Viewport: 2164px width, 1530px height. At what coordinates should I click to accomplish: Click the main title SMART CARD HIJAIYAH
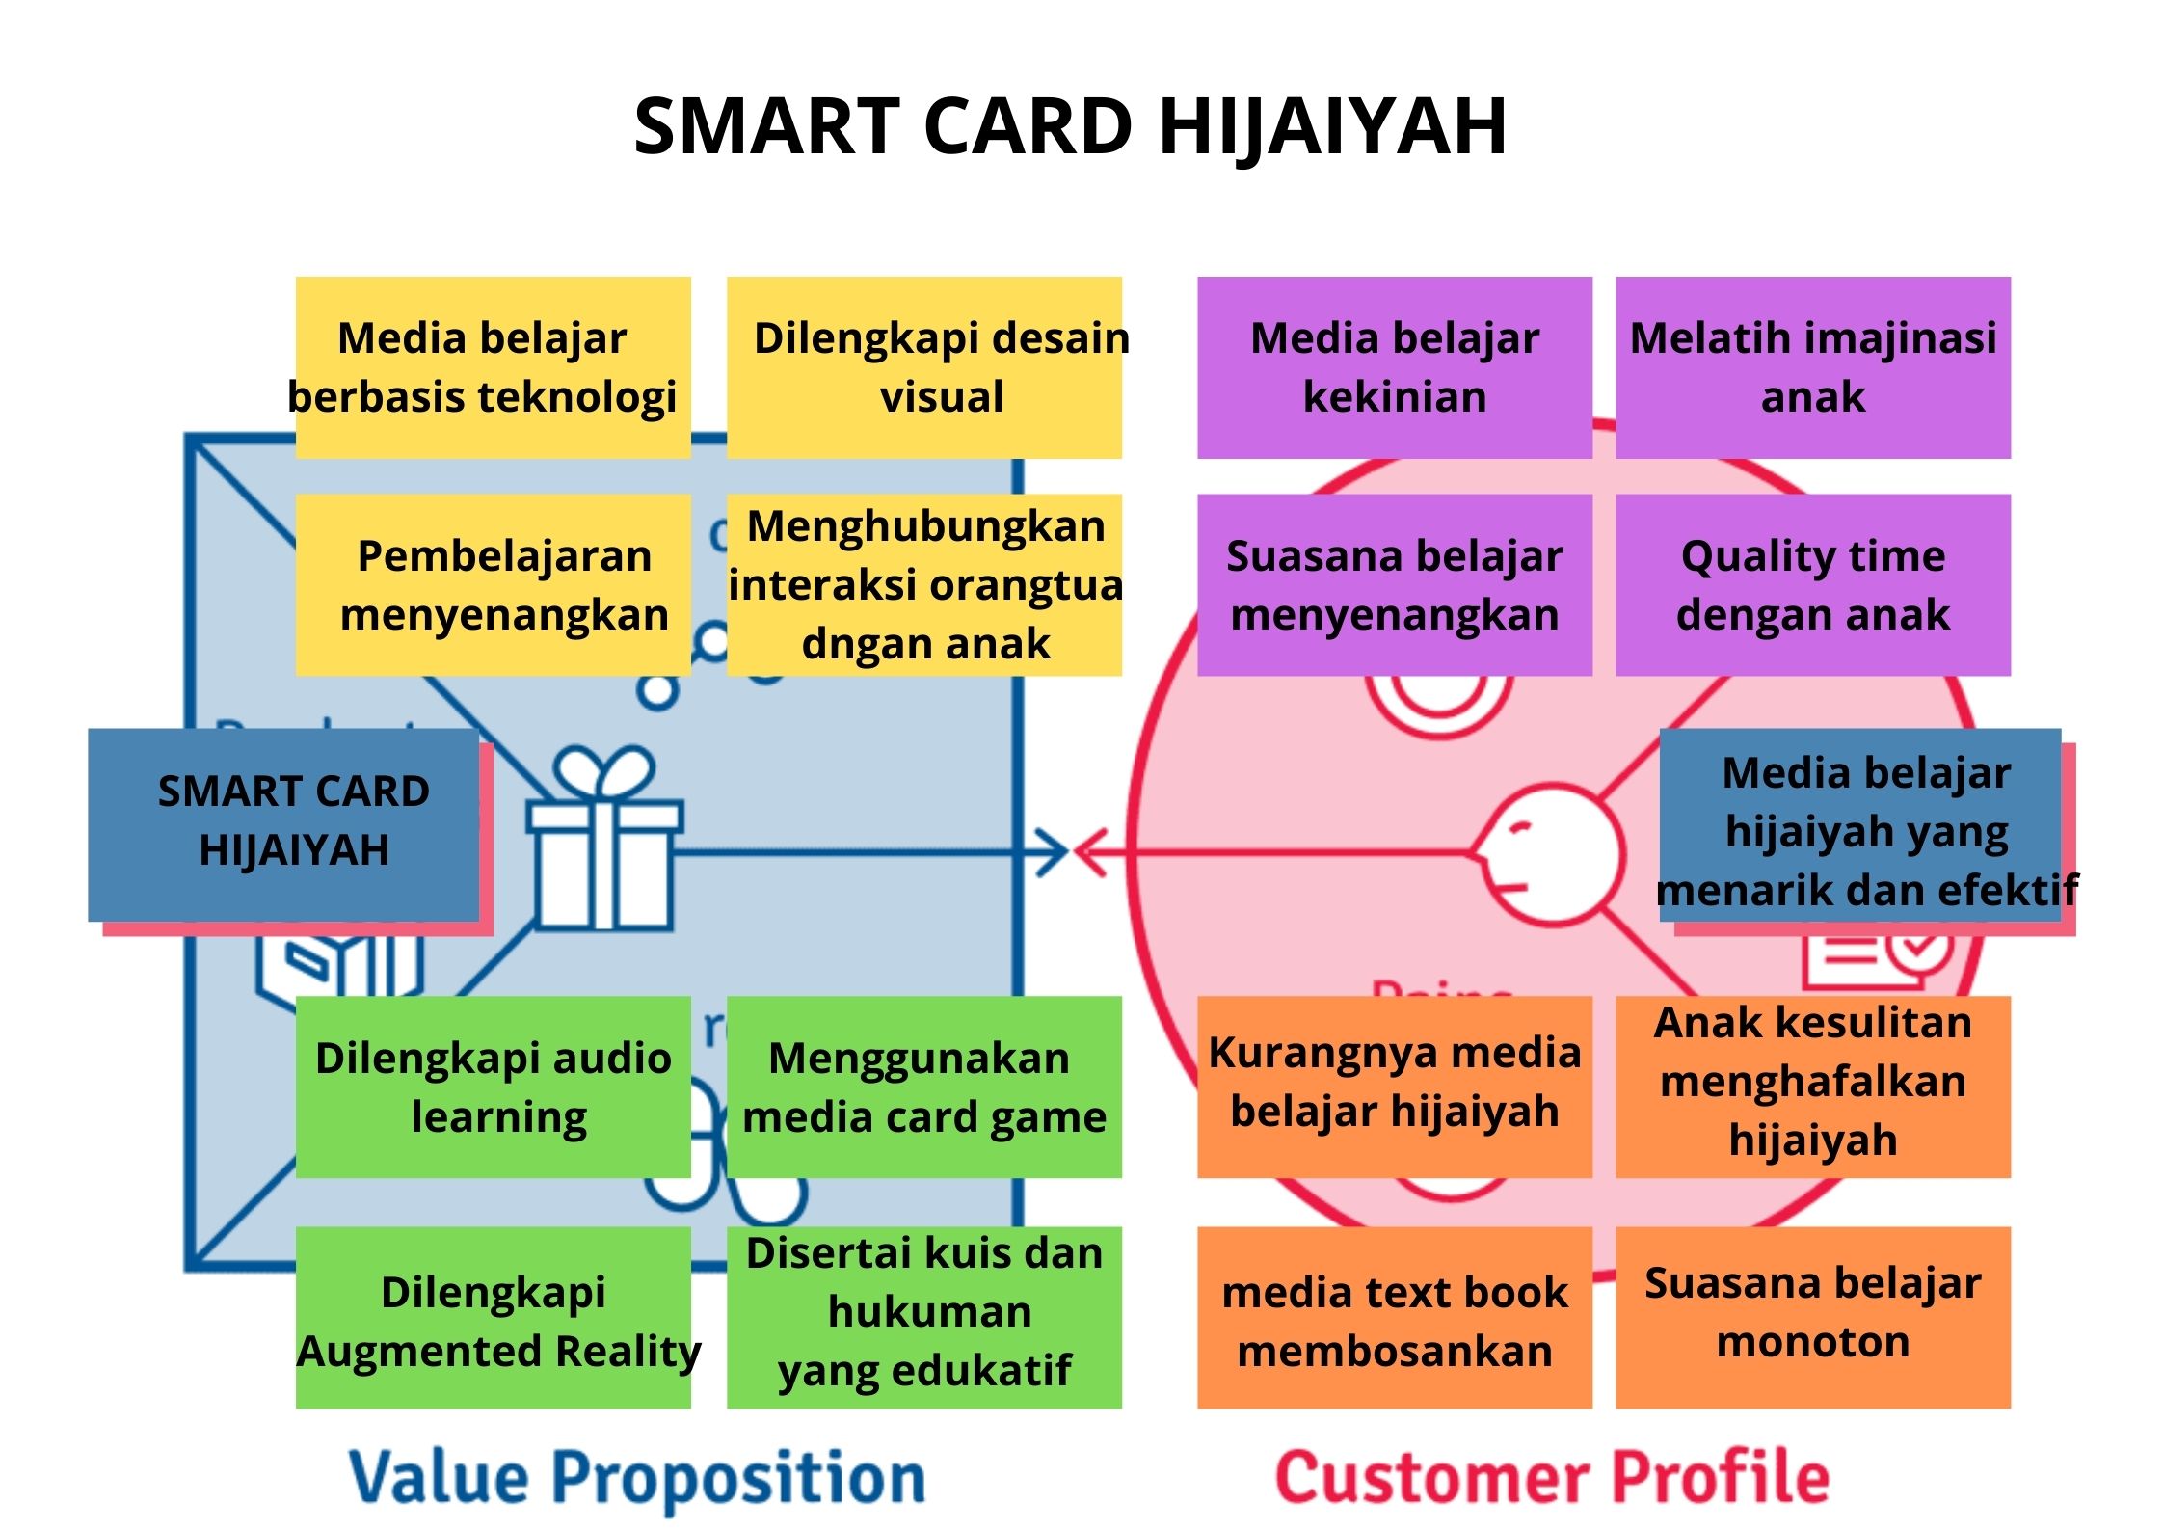1070,126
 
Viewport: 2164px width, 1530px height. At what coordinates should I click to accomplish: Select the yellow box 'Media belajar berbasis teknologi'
493,367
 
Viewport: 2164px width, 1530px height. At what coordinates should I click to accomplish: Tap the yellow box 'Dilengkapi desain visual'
924,367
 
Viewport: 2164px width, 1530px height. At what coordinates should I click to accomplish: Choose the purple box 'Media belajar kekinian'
1395,367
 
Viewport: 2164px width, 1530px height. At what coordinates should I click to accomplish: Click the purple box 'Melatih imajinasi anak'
1813,367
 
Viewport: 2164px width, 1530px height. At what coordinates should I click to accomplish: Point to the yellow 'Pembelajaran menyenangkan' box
493,584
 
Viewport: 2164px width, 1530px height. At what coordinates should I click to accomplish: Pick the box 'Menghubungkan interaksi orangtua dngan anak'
924,584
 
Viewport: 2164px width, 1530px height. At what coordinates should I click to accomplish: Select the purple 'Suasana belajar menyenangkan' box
1395,584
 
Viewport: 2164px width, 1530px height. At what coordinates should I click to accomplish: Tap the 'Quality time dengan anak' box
1813,584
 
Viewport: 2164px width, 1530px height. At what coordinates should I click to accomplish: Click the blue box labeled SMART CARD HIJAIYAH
283,824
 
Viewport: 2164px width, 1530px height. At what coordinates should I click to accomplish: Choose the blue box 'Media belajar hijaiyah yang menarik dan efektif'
1860,824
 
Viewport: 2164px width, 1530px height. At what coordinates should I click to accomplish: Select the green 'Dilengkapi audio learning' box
493,1087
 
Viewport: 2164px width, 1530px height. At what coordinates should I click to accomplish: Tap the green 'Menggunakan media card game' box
924,1087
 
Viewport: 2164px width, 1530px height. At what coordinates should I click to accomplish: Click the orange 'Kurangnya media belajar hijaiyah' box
1395,1087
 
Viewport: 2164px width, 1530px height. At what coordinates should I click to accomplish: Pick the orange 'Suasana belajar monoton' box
1813,1317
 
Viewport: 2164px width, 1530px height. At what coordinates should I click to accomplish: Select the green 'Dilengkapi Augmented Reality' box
493,1317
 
